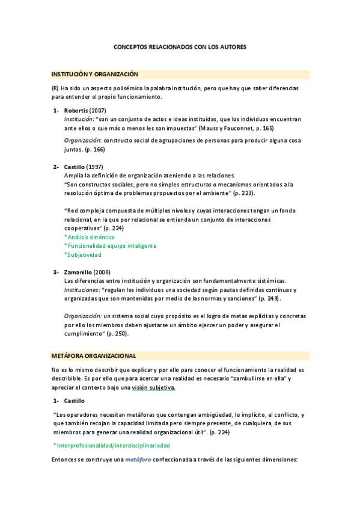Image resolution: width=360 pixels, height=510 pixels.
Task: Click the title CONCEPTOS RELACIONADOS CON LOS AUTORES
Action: [x=180, y=47]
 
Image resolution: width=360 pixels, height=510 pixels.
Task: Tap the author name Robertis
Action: [x=76, y=111]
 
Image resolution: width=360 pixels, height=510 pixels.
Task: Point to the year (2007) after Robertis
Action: [x=97, y=111]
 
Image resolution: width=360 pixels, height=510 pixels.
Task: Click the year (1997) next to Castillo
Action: [x=96, y=167]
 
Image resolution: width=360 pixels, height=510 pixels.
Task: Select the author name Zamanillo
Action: [x=79, y=272]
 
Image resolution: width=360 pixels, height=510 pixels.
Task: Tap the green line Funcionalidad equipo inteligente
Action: [x=111, y=246]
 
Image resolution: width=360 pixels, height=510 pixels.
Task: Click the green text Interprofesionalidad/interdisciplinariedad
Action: [x=112, y=446]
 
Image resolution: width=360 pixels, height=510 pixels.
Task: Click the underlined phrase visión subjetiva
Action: [x=153, y=388]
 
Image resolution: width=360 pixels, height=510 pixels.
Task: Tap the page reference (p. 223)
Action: [x=243, y=193]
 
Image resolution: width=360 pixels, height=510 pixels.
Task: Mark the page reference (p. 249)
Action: [x=267, y=299]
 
